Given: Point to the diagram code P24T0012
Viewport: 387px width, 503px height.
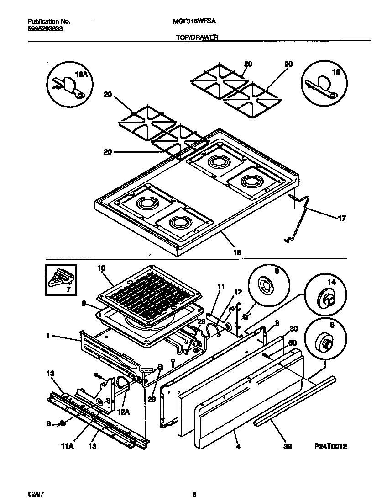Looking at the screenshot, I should (x=334, y=446).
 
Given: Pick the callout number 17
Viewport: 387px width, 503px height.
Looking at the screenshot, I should (x=341, y=218).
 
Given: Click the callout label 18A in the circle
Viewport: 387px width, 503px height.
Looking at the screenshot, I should (x=81, y=74).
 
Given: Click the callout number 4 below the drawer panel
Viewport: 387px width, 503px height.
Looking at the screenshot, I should (x=237, y=446).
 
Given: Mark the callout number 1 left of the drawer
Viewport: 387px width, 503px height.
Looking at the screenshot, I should (x=47, y=336).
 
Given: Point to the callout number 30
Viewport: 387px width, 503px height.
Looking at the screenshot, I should (x=293, y=328).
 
